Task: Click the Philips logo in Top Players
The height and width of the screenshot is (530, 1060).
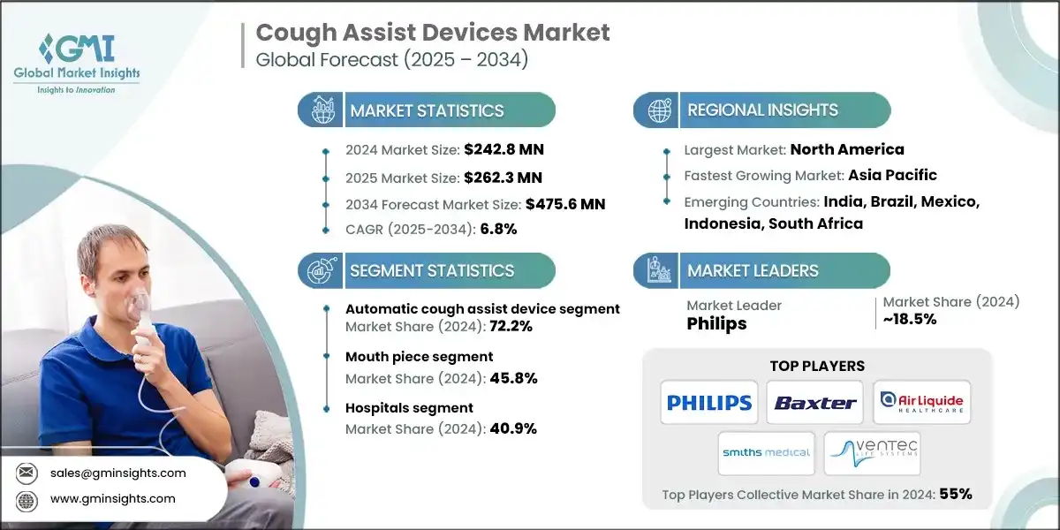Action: pyautogui.click(x=708, y=403)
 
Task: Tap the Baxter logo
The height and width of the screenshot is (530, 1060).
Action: pyautogui.click(x=815, y=403)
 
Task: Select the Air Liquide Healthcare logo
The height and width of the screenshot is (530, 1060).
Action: pyautogui.click(x=922, y=403)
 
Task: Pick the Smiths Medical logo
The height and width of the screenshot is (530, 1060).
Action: pyautogui.click(x=765, y=452)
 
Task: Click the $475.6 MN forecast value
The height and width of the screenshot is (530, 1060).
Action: pyautogui.click(x=565, y=203)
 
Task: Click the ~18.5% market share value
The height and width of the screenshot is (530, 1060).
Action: pyautogui.click(x=910, y=319)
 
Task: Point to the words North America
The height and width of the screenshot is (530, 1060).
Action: pyautogui.click(x=847, y=149)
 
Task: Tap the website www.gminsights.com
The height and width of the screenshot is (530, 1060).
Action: pyautogui.click(x=111, y=499)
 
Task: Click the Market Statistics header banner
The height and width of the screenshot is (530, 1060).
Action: pyautogui.click(x=428, y=110)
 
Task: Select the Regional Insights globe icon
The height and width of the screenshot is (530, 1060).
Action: pyautogui.click(x=658, y=110)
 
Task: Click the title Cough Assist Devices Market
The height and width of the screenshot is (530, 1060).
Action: pyautogui.click(x=432, y=33)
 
